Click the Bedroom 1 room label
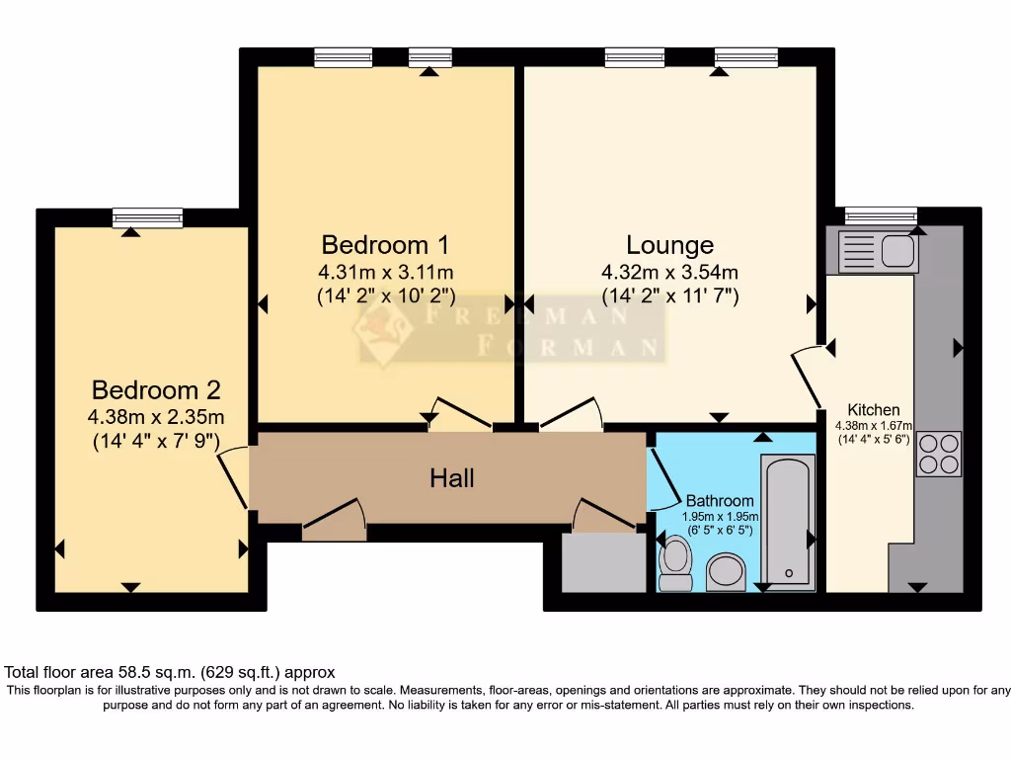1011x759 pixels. pyautogui.click(x=387, y=244)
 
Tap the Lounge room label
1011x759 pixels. pyautogui.click(x=669, y=244)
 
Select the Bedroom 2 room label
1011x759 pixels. pyautogui.click(x=156, y=389)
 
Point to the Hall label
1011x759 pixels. pyautogui.click(x=452, y=478)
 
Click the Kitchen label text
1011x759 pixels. pyautogui.click(x=874, y=410)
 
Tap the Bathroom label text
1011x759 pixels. pyautogui.click(x=720, y=501)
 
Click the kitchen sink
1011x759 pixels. pyautogui.click(x=878, y=250)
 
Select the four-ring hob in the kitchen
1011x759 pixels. pyautogui.click(x=938, y=454)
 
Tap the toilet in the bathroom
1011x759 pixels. pyautogui.click(x=675, y=562)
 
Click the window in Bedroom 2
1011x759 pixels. pyautogui.click(x=147, y=217)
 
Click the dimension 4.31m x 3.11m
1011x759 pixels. pyautogui.click(x=386, y=273)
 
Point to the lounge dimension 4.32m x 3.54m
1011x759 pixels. pyautogui.click(x=669, y=273)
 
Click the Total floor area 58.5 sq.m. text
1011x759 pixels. pyautogui.click(x=170, y=671)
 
